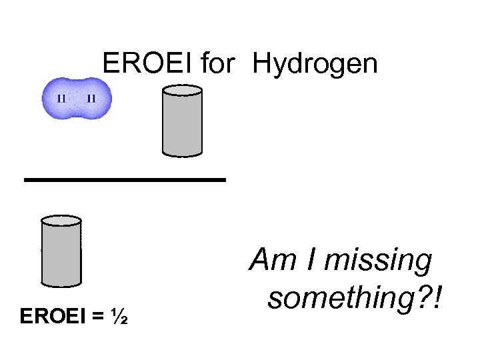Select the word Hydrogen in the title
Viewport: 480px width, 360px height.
tap(315, 65)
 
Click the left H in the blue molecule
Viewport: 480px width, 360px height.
tap(61, 99)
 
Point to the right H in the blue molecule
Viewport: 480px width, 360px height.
tap(91, 99)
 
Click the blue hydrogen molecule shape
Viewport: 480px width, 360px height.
tap(76, 99)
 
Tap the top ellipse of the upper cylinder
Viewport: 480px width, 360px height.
tap(182, 91)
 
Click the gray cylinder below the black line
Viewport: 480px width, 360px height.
tap(61, 253)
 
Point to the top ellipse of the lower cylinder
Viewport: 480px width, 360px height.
tap(61, 221)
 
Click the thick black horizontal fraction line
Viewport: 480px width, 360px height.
tap(125, 179)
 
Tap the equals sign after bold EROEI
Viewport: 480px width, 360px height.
tap(98, 315)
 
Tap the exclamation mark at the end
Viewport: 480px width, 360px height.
tap(438, 297)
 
